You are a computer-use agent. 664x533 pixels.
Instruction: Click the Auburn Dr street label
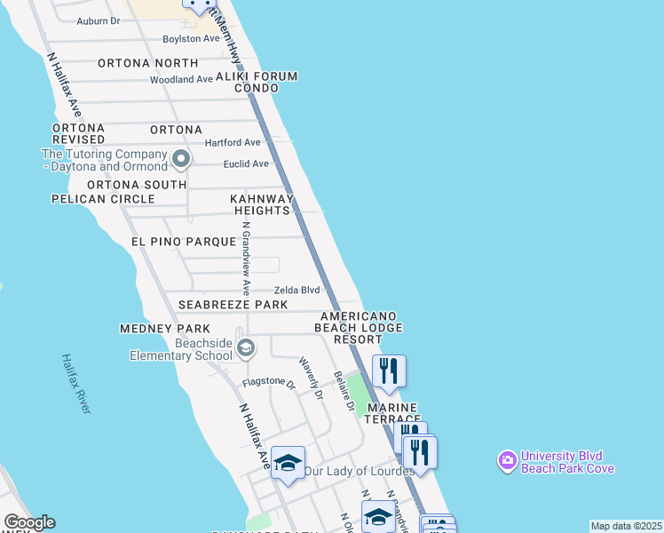click(98, 20)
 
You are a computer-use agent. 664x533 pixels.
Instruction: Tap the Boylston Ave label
click(190, 38)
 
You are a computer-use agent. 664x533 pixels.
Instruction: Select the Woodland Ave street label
click(181, 79)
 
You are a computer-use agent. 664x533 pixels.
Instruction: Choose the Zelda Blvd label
click(296, 290)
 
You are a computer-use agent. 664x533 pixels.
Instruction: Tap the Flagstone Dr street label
click(268, 384)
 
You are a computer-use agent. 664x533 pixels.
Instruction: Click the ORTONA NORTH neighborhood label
click(147, 63)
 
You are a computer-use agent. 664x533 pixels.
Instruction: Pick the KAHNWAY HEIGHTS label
click(262, 204)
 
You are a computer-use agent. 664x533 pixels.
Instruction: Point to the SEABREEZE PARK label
click(233, 305)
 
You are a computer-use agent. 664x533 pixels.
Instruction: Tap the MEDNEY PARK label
click(157, 329)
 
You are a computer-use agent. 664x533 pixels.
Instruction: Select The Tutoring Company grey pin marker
click(181, 161)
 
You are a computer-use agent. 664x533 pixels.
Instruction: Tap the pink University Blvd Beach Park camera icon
click(507, 459)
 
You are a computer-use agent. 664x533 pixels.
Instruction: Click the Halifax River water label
click(75, 383)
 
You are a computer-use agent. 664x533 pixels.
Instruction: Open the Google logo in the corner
click(29, 522)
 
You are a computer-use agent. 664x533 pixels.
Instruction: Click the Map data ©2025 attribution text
click(626, 526)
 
